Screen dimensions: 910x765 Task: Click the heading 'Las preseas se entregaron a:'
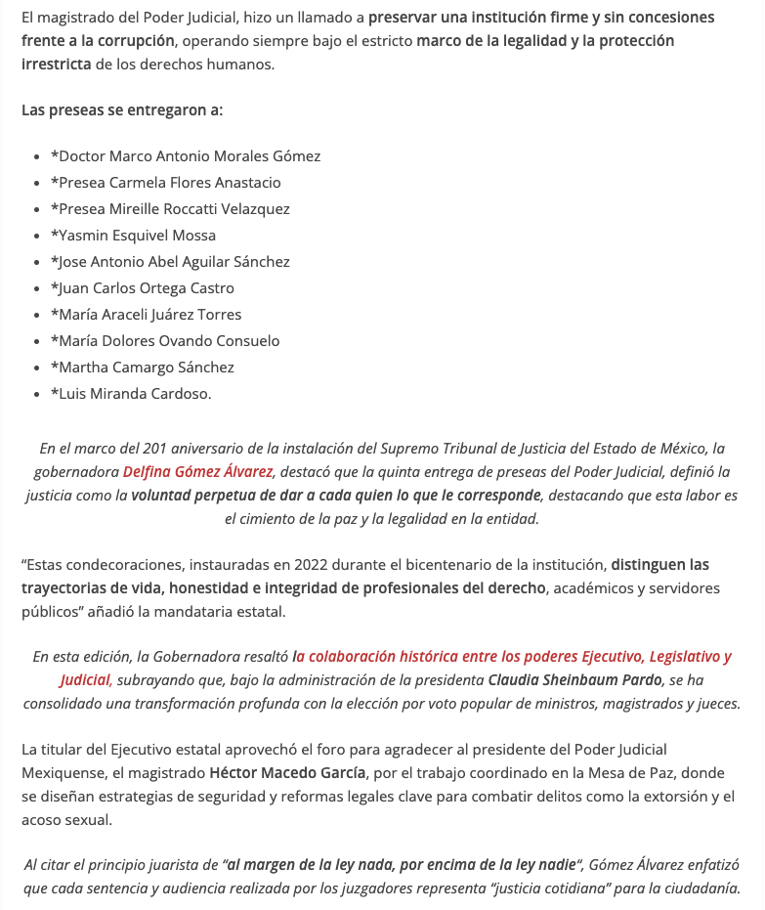pyautogui.click(x=122, y=109)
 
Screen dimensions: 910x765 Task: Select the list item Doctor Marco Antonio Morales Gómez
pyautogui.click(x=186, y=156)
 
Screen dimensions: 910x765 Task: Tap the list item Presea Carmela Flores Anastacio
pyautogui.click(x=166, y=183)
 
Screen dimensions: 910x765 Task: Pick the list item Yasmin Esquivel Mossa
pyautogui.click(x=134, y=236)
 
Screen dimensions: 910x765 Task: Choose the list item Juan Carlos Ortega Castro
pyautogui.click(x=143, y=288)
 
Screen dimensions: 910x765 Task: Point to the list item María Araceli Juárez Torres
pyautogui.click(x=147, y=315)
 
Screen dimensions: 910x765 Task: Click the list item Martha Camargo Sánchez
pyautogui.click(x=143, y=368)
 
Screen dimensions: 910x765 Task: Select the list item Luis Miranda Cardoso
pyautogui.click(x=131, y=394)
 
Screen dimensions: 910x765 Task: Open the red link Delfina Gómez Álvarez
pyautogui.click(x=197, y=472)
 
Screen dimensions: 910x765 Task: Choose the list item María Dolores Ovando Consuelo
pyautogui.click(x=166, y=341)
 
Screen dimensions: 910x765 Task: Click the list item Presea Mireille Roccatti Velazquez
pyautogui.click(x=171, y=209)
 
